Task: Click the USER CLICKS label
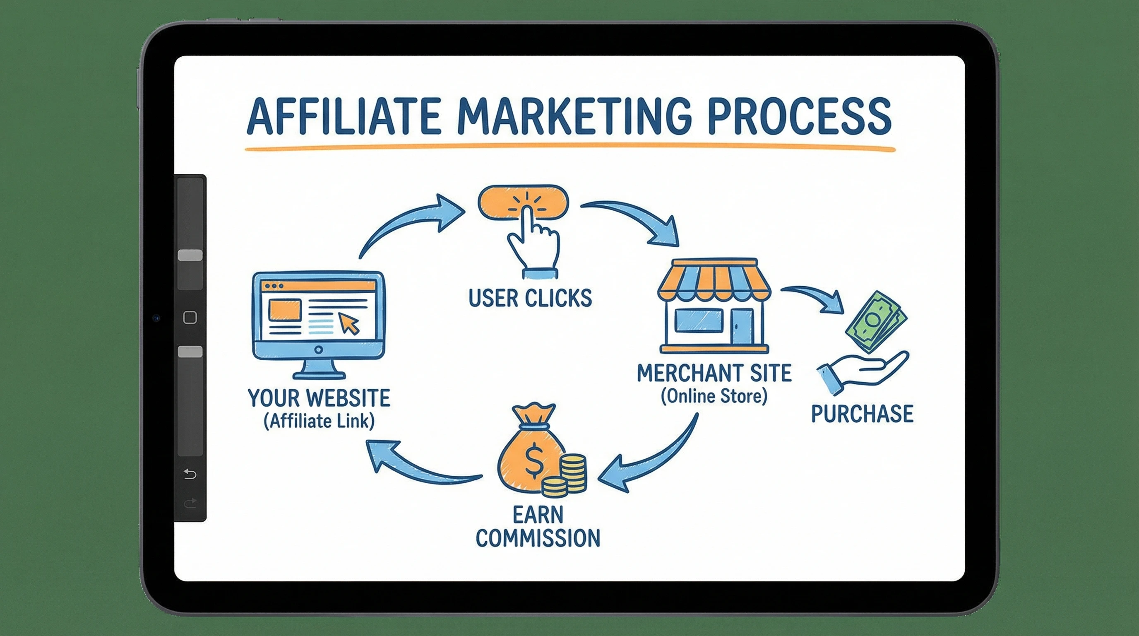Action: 530,298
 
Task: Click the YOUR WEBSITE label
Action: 319,398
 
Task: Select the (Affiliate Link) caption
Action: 319,421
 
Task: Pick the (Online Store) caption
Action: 714,396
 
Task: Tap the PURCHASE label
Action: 862,414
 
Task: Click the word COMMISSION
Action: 538,538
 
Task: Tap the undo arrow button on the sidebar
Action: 190,474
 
